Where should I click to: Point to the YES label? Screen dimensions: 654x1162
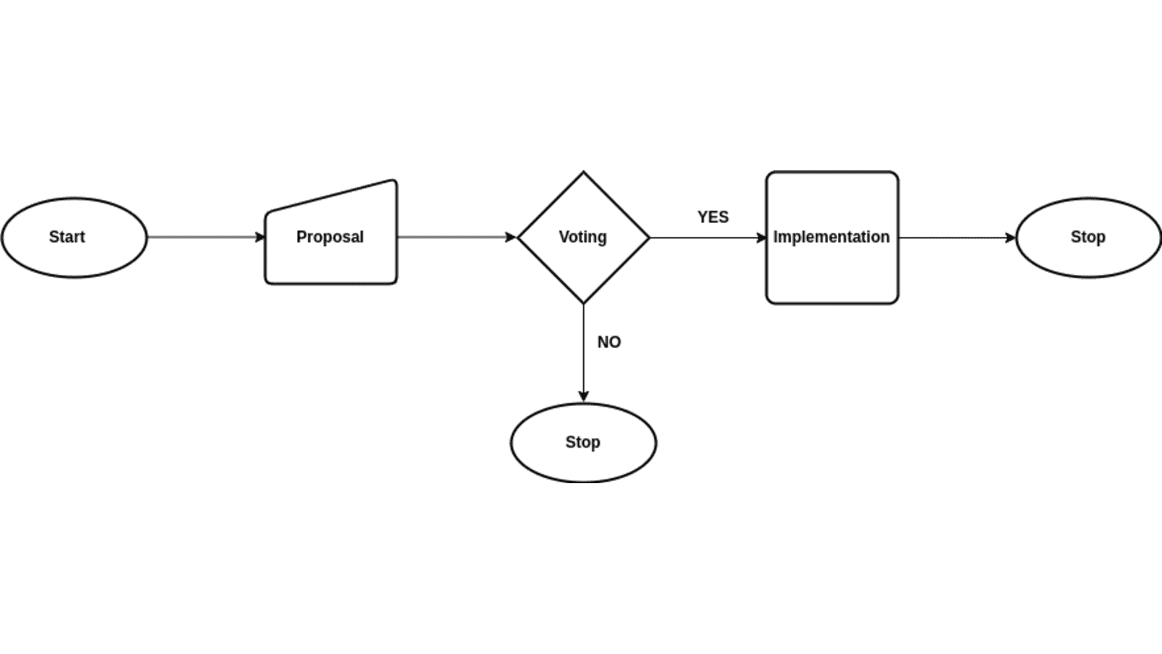point(713,217)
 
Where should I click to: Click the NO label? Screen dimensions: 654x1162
point(609,342)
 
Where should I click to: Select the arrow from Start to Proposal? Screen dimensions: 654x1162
point(203,237)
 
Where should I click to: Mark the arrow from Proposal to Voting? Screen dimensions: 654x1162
point(454,237)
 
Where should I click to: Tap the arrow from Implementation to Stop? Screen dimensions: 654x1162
point(955,238)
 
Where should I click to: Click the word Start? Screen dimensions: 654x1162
point(67,237)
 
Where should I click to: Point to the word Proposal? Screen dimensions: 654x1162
point(330,237)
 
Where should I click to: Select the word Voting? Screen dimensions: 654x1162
point(582,237)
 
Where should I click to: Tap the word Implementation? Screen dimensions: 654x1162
point(832,237)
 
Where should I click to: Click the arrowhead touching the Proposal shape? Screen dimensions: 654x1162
point(261,237)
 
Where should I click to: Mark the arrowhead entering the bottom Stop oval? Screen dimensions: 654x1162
point(583,397)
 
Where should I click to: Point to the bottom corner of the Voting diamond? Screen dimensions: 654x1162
point(583,302)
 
